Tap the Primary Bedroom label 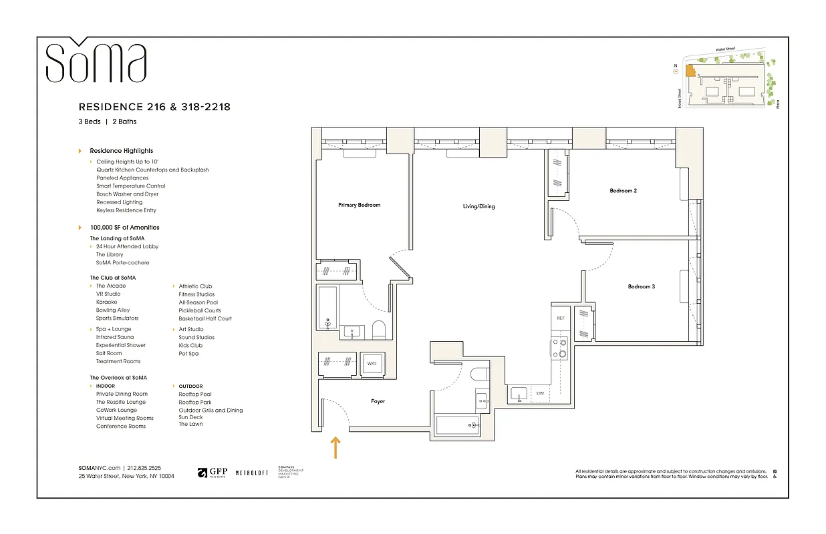359,205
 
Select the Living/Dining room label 478,206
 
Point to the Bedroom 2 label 623,191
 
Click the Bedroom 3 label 641,286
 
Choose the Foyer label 378,401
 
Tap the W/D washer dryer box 372,364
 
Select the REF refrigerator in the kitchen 561,318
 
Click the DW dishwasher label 540,394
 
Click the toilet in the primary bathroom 379,330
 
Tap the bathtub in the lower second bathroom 457,425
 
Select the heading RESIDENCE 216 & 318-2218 154,107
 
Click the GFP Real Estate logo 213,473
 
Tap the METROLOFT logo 251,473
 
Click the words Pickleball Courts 199,310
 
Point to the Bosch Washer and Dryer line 127,194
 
